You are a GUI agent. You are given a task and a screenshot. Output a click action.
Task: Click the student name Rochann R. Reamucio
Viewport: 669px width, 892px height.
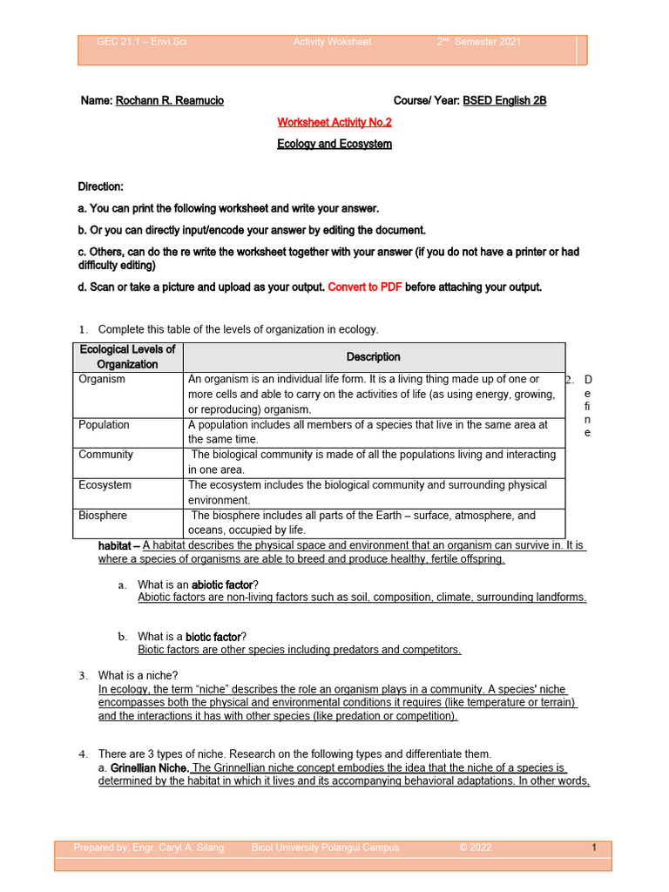coord(170,101)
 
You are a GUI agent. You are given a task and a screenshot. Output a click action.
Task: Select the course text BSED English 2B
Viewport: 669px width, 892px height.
coord(504,101)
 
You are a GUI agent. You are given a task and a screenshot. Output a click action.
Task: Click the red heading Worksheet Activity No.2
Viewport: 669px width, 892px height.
coord(334,123)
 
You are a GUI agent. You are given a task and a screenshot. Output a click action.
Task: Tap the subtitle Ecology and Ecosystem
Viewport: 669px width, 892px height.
coord(334,144)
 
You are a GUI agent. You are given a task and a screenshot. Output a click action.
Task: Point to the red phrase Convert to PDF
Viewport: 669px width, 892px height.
coord(365,287)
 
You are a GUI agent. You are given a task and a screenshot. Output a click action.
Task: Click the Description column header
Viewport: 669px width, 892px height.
coord(374,357)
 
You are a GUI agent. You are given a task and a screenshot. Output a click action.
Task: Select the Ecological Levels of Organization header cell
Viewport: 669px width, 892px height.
coord(127,357)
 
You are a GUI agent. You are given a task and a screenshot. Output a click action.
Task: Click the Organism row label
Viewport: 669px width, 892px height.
coord(102,380)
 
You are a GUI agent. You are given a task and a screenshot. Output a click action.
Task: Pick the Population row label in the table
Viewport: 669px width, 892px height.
coord(104,425)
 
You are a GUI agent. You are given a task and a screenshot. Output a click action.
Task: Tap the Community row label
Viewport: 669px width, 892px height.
coord(105,455)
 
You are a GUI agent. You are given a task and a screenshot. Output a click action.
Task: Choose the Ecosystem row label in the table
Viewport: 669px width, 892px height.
coord(105,485)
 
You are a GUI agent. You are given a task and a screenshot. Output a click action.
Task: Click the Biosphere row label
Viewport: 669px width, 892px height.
coord(103,516)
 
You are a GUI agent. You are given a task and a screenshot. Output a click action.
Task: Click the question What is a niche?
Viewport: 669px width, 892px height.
coord(139,676)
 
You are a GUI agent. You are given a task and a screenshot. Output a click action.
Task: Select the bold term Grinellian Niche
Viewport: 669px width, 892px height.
coord(149,768)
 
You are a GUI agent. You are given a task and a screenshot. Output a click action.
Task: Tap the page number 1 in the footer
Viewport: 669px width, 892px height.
coord(593,848)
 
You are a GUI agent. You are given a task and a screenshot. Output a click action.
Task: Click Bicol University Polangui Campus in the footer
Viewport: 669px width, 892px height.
coord(325,848)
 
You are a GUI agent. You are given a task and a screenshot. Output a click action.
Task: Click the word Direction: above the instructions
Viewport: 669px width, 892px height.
coord(101,187)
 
